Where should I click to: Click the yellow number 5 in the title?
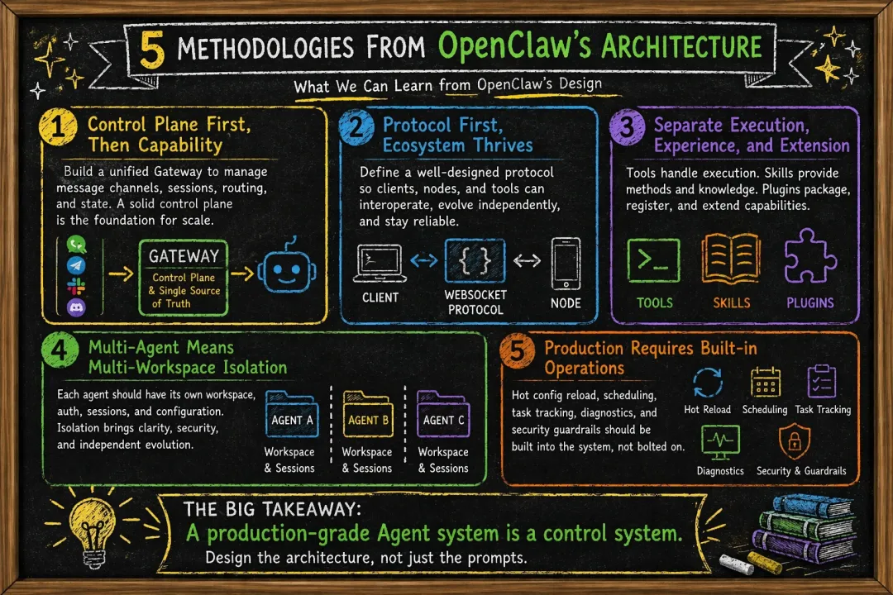coord(152,49)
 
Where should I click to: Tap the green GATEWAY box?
coord(184,278)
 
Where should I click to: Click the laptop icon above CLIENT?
coord(380,264)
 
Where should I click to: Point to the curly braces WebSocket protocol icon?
coord(475,261)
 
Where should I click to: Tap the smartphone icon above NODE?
coord(566,264)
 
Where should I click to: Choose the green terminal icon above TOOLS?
coord(653,260)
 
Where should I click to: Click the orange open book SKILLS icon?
coord(731,259)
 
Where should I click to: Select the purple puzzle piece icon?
coord(809,256)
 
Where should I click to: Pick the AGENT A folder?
coord(292,414)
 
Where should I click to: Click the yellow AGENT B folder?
coord(368,414)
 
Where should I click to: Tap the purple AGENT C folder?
coord(443,414)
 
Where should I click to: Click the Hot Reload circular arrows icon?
coord(707,383)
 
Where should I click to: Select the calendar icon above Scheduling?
coord(765,382)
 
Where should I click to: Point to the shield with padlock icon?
coord(795,441)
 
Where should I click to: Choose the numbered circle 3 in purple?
coord(627,126)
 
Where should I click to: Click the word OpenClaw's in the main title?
coord(514,46)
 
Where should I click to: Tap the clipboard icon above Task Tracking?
coord(822,381)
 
